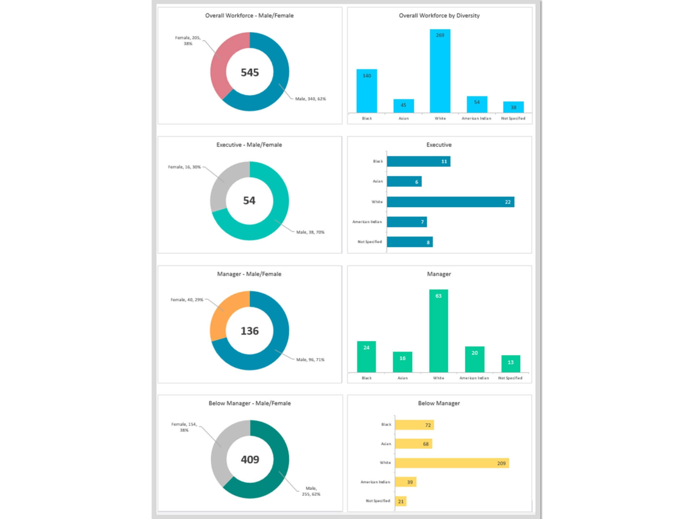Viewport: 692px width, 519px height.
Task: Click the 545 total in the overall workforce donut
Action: pyautogui.click(x=250, y=73)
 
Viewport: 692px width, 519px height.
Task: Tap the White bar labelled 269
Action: pyautogui.click(x=440, y=72)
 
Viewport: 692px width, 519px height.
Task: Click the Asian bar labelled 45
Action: pyautogui.click(x=403, y=106)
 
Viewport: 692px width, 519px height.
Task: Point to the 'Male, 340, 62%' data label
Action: pyautogui.click(x=310, y=99)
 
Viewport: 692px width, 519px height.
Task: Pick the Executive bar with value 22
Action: pyautogui.click(x=451, y=202)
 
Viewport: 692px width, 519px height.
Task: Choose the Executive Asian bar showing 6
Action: pyautogui.click(x=404, y=182)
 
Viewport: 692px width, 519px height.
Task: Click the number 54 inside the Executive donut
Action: pyautogui.click(x=249, y=200)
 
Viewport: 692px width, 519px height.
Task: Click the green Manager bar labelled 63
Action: pyautogui.click(x=438, y=331)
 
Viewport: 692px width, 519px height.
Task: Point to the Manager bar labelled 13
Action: pyautogui.click(x=510, y=363)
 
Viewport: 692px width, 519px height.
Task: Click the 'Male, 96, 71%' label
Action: pyautogui.click(x=310, y=360)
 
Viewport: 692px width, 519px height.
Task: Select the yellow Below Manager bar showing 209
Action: pyautogui.click(x=451, y=463)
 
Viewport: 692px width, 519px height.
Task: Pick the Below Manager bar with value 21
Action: pyautogui.click(x=401, y=501)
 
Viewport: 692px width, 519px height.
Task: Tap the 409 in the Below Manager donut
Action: pyautogui.click(x=250, y=460)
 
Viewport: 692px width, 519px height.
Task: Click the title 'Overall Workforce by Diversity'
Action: pyautogui.click(x=439, y=15)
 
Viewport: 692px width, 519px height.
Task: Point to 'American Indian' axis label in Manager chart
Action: pyautogui.click(x=474, y=378)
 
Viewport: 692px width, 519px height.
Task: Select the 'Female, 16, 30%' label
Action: pyautogui.click(x=184, y=167)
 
